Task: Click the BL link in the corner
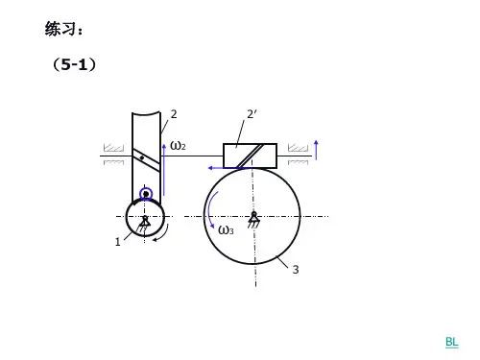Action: coord(452,342)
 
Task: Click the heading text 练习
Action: coord(60,29)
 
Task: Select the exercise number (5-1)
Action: coord(74,64)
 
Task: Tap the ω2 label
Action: coord(178,146)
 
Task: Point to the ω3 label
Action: coord(226,230)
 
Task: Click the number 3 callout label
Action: coord(296,270)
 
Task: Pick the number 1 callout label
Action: coord(118,242)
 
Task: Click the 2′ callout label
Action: coord(252,114)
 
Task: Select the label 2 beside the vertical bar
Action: coord(174,114)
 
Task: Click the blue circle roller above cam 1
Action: coord(146,194)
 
